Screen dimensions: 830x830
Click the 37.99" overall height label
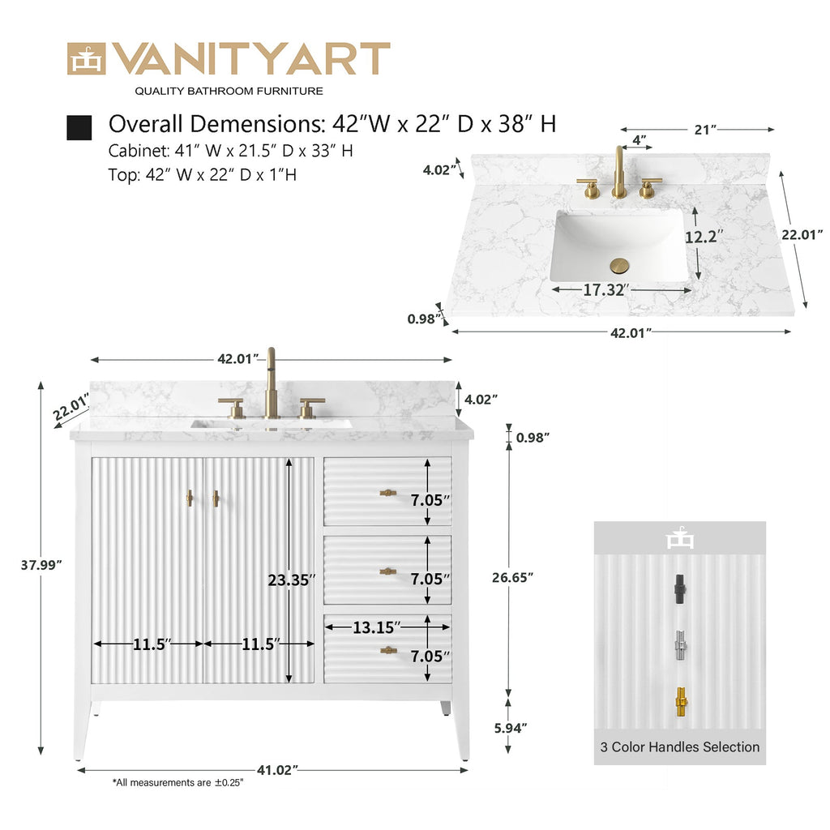[x=41, y=565]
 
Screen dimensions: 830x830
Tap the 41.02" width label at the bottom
[x=277, y=770]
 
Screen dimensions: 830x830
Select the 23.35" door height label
[x=292, y=580]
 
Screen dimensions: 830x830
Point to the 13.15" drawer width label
[x=376, y=627]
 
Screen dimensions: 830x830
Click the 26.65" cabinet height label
[x=512, y=577]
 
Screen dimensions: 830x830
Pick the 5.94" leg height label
[x=511, y=728]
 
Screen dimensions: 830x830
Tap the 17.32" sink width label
[x=606, y=289]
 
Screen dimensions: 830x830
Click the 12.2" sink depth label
[x=704, y=237]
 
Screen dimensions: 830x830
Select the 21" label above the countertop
[x=705, y=129]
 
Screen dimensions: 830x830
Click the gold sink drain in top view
[x=618, y=265]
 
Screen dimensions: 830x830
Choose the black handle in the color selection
[x=680, y=589]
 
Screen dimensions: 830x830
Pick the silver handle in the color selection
[x=680, y=645]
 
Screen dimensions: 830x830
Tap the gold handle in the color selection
[x=681, y=703]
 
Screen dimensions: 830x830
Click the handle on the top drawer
[x=388, y=493]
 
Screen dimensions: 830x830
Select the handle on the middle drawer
[x=388, y=571]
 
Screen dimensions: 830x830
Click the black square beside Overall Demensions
[x=79, y=127]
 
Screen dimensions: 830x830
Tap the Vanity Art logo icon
[x=86, y=58]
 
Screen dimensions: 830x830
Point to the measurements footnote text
[x=178, y=782]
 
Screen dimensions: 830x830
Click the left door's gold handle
[x=189, y=498]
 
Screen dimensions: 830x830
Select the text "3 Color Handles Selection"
[x=680, y=747]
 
